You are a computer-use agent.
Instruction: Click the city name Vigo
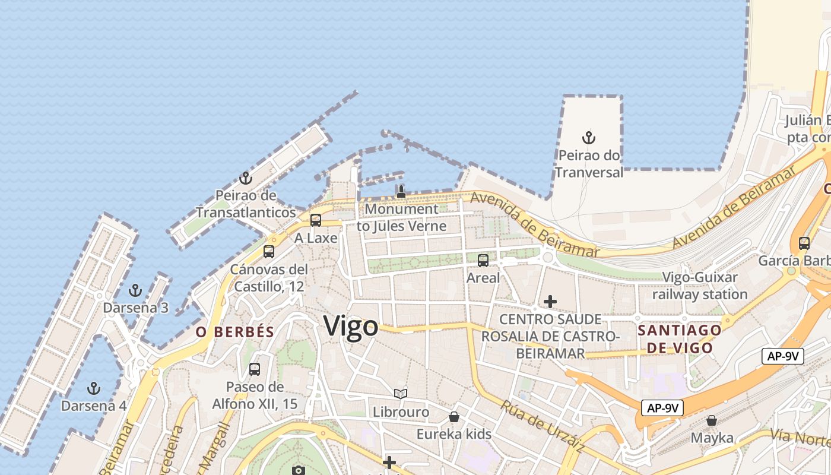351,327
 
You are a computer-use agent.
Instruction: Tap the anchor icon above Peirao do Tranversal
588,138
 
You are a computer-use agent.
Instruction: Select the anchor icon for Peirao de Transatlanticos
246,178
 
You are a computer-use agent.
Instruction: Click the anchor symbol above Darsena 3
135,291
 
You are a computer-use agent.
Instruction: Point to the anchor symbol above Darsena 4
93,389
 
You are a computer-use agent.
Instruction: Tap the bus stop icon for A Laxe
316,220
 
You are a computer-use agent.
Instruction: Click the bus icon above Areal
483,260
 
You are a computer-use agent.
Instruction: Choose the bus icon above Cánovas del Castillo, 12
269,252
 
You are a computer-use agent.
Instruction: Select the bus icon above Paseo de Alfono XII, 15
255,369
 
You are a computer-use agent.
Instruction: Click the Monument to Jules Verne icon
401,192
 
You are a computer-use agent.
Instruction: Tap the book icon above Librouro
401,394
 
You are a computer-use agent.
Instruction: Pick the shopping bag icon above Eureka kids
454,417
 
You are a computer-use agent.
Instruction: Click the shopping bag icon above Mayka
712,421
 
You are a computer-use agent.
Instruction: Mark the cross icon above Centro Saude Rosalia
550,302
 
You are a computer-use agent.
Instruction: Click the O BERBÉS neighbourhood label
235,332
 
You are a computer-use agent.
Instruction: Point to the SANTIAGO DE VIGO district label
680,339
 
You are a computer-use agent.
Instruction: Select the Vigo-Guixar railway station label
700,286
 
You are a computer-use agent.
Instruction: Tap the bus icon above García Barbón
804,243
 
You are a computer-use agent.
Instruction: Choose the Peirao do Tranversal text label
589,164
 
